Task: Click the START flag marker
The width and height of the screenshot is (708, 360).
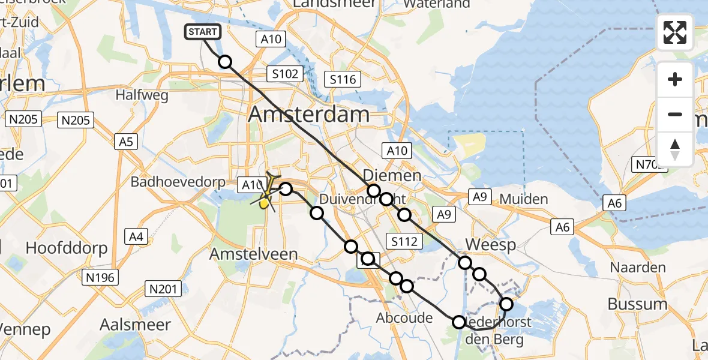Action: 204,32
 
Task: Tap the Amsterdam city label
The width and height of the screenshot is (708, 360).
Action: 309,113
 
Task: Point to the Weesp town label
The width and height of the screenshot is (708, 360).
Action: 491,245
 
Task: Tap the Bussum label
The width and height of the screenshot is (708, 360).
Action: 637,304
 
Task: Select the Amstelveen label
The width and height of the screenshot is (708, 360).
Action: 253,254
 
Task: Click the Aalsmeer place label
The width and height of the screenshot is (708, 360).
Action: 135,325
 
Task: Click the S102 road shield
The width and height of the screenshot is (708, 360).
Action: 285,74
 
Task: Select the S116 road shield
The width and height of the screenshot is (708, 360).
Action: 343,79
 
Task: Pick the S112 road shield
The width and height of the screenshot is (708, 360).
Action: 404,242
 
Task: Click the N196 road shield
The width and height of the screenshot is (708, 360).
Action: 101,277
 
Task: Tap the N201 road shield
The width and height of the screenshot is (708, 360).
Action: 163,289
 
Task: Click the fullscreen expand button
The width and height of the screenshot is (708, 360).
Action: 675,32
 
